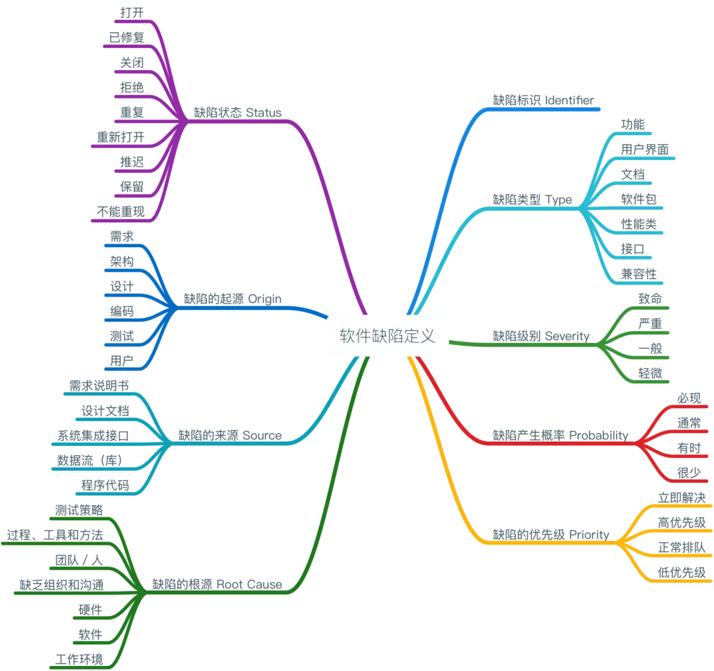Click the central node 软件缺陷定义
coord(388,336)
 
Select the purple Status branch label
coord(238,112)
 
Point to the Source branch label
coord(229,434)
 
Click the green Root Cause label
coord(217,584)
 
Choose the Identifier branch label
coord(543,101)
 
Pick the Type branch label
coord(532,199)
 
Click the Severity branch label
coord(540,335)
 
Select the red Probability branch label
coord(562,434)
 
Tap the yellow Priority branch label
coord(550,534)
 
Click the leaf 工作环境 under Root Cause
coord(79,658)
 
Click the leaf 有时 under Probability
coord(688,447)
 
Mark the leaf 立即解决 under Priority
coord(681,496)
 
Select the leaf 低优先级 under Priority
coord(681,571)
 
